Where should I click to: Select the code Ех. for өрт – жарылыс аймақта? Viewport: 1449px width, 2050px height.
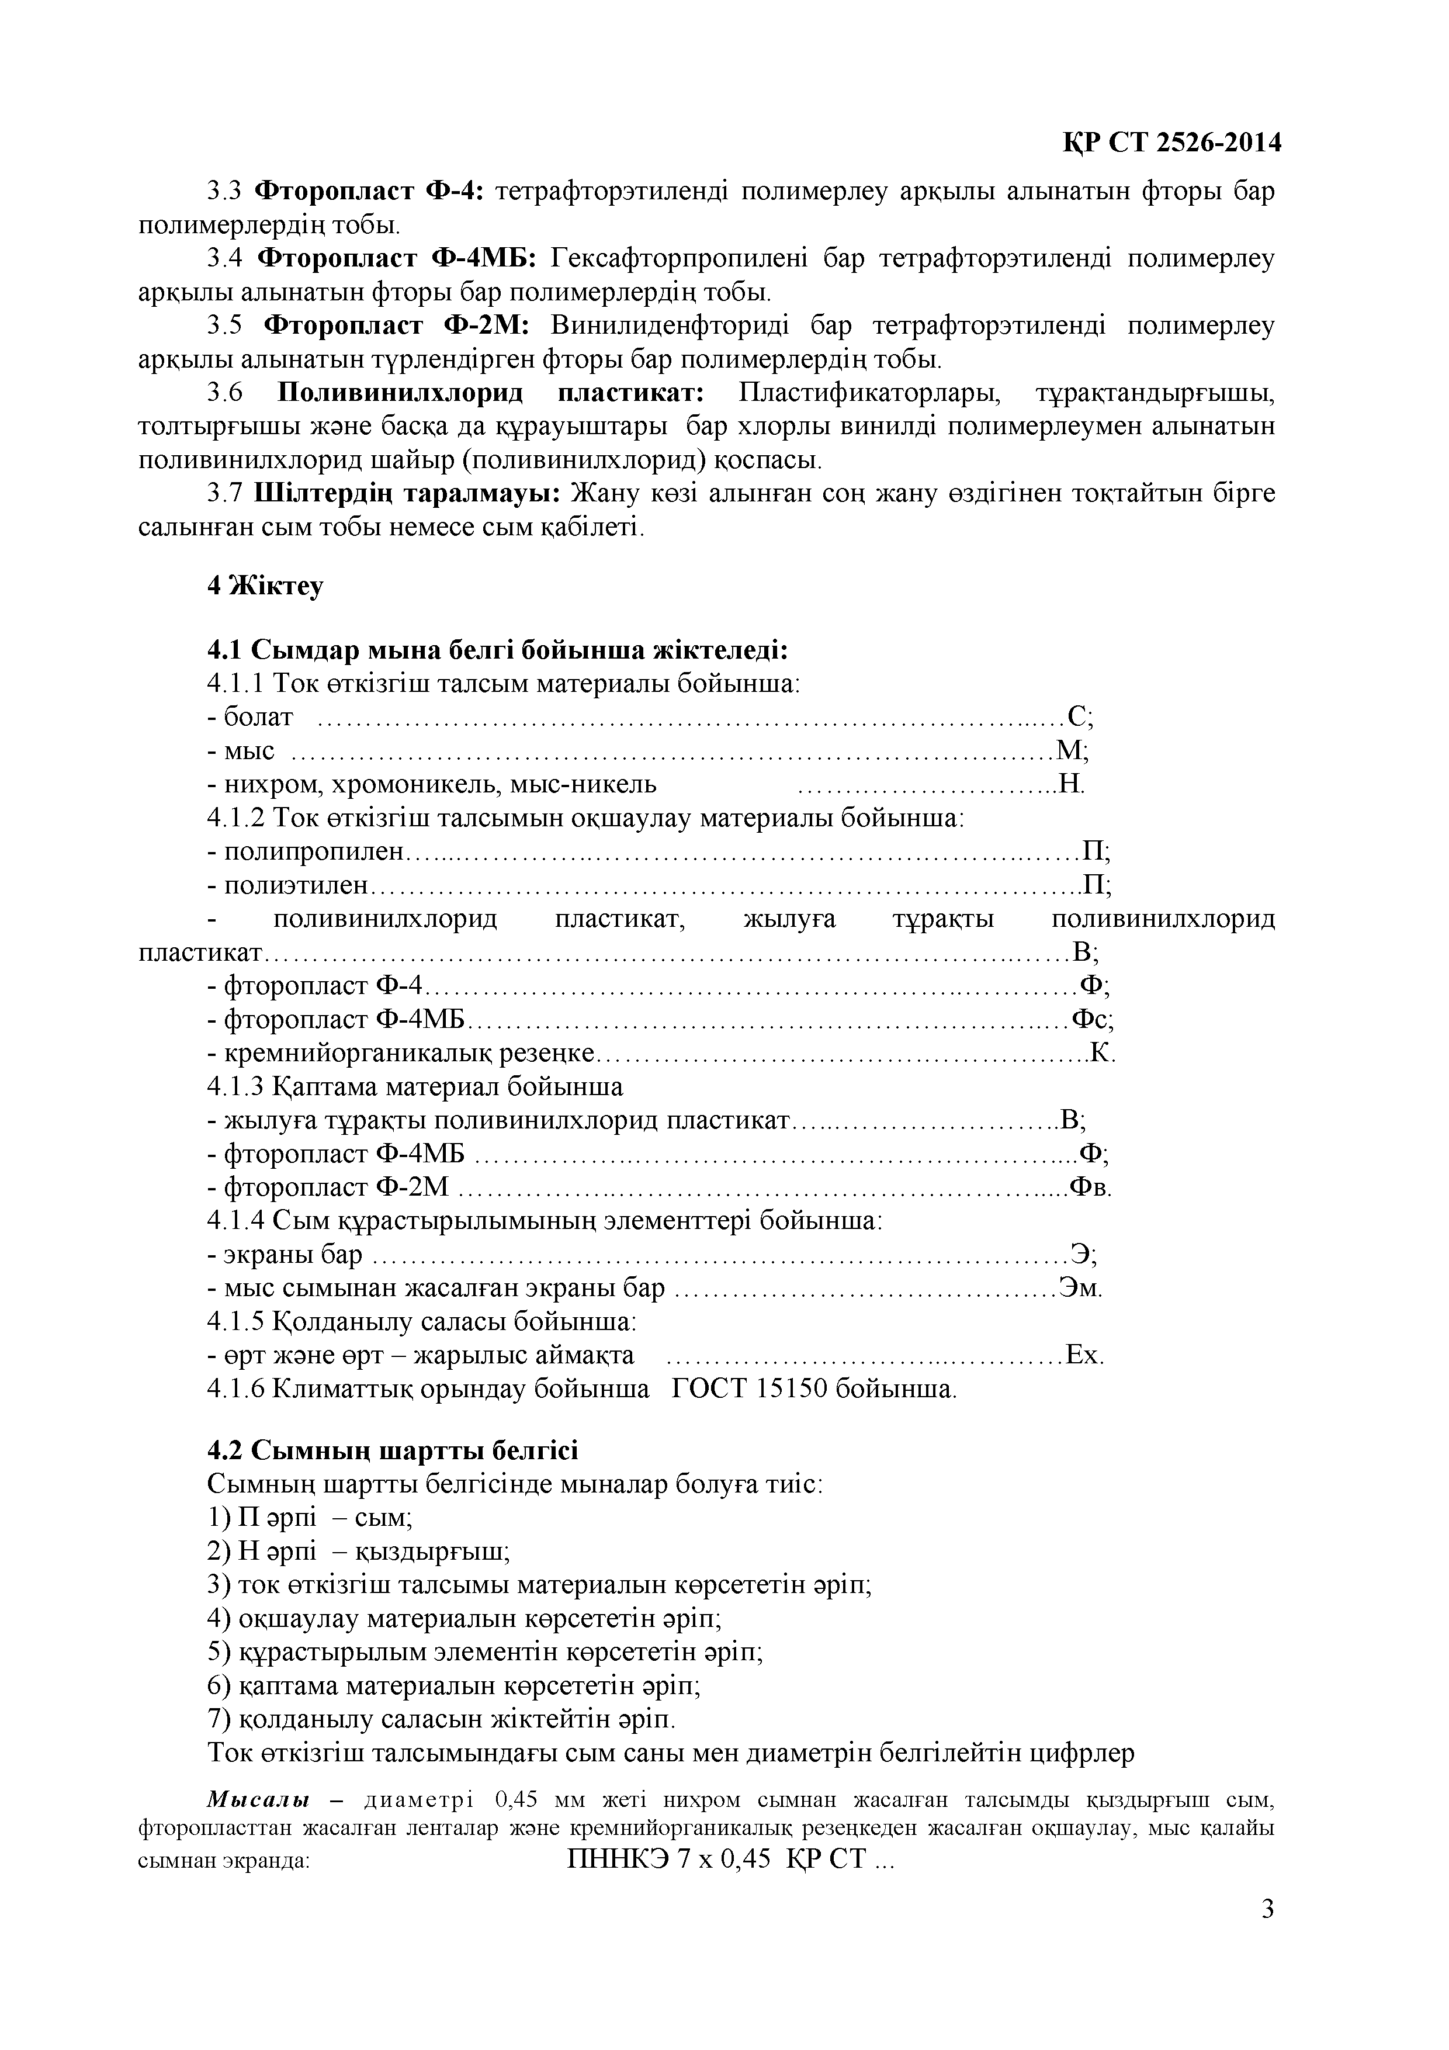(x=1085, y=1355)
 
